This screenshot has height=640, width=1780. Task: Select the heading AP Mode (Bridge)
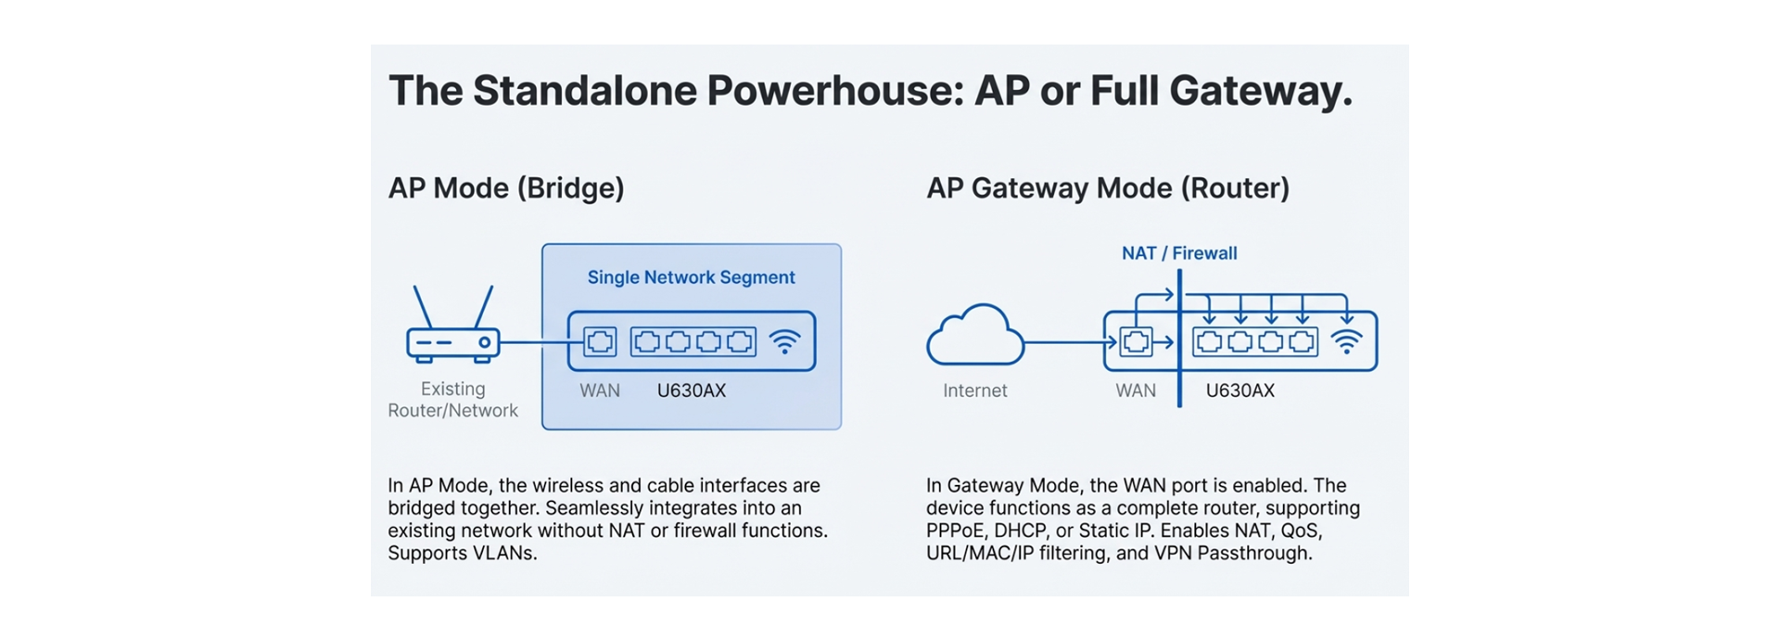506,188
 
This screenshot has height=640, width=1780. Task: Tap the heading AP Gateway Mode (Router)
1108,188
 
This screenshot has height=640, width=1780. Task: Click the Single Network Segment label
691,277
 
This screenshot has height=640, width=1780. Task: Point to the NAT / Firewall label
1179,253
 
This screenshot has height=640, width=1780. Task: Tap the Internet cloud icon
975,337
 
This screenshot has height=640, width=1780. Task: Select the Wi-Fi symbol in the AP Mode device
784,342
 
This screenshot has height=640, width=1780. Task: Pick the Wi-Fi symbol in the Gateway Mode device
1346,342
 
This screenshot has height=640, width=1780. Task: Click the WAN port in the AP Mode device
600,342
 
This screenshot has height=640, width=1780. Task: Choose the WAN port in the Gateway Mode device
1136,342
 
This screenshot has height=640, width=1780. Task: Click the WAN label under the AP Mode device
600,390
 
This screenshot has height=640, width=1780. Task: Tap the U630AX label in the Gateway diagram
1240,390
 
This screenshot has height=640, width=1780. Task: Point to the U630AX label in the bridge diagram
691,390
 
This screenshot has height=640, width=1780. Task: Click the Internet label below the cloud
974,390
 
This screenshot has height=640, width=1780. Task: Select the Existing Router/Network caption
452,400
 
